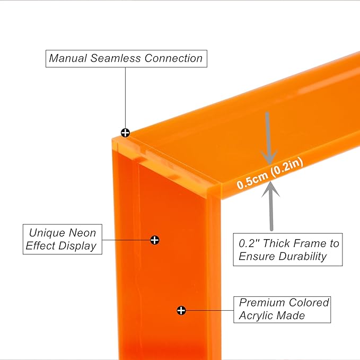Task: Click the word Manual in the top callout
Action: pyautogui.click(x=68, y=58)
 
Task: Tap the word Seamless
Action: pyautogui.click(x=116, y=58)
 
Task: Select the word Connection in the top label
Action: pyautogui.click(x=173, y=58)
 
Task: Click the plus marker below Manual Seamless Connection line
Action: pyautogui.click(x=125, y=133)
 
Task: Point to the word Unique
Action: pyautogui.click(x=47, y=233)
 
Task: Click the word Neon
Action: pyautogui.click(x=82, y=233)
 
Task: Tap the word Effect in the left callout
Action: pyautogui.click(x=40, y=246)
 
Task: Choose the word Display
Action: pyautogui.click(x=77, y=247)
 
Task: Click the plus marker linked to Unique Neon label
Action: pyautogui.click(x=154, y=240)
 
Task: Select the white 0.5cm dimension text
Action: pyautogui.click(x=252, y=181)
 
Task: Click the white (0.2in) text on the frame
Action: pyautogui.click(x=287, y=168)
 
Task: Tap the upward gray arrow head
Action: pyautogui.click(x=271, y=189)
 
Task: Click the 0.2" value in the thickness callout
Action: pyautogui.click(x=249, y=243)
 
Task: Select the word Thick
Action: pyautogui.click(x=276, y=243)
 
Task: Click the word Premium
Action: pyautogui.click(x=262, y=303)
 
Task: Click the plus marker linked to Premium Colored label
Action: pyautogui.click(x=181, y=310)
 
